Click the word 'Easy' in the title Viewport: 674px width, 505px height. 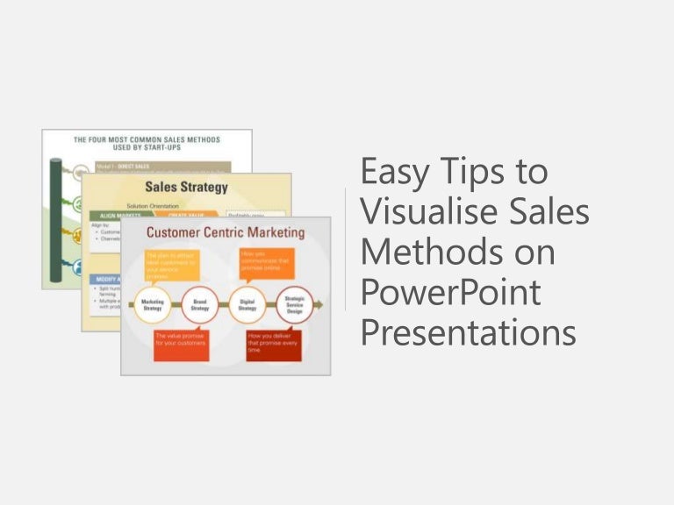pyautogui.click(x=396, y=173)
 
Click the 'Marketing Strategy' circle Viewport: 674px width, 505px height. pyautogui.click(x=153, y=304)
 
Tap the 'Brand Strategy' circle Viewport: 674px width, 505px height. pyautogui.click(x=200, y=304)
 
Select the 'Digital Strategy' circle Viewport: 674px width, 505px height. pyautogui.click(x=247, y=304)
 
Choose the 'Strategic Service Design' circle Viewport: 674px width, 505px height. pyautogui.click(x=294, y=304)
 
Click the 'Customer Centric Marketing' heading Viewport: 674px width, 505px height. pyautogui.click(x=226, y=233)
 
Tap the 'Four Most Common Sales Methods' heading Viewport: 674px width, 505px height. pyautogui.click(x=147, y=144)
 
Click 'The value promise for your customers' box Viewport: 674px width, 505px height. pyautogui.click(x=180, y=342)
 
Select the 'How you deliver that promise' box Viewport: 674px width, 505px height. pyautogui.click(x=273, y=342)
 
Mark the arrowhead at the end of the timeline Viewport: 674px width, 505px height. pyautogui.click(x=319, y=304)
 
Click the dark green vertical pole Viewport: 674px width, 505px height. pyautogui.click(x=56, y=219)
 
